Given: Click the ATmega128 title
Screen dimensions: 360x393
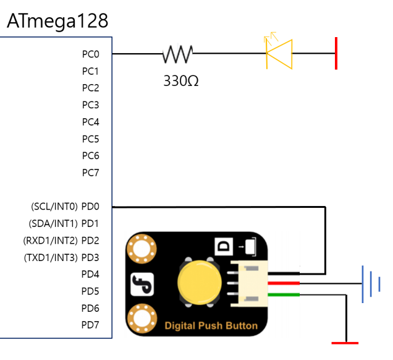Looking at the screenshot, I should click(x=57, y=20).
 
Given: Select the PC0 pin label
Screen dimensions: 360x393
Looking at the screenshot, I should click(x=90, y=54).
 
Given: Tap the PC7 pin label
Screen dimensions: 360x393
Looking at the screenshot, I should click(x=90, y=173).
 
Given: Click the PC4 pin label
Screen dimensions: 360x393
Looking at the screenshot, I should click(x=90, y=122).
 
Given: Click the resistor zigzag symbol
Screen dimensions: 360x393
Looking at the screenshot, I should click(x=177, y=54).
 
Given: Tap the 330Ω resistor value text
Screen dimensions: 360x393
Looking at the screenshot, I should click(x=180, y=80).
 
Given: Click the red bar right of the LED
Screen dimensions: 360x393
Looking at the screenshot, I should click(x=336, y=53).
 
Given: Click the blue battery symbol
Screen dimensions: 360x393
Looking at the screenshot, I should click(x=369, y=285).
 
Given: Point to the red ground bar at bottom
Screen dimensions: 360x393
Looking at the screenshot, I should click(x=344, y=342).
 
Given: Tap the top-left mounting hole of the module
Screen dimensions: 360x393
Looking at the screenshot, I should click(x=140, y=250).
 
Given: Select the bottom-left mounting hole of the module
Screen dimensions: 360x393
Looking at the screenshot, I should click(x=140, y=320).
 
